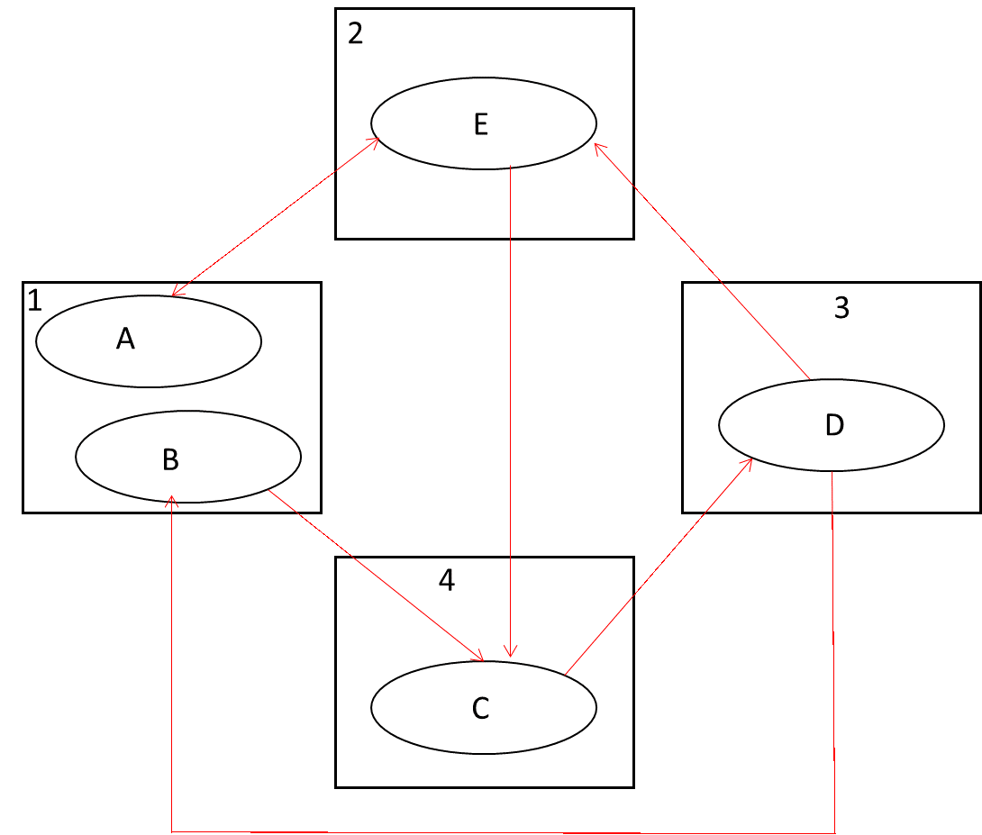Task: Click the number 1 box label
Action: (35, 301)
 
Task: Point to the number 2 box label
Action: (355, 33)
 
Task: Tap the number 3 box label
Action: (841, 308)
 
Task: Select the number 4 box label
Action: (447, 581)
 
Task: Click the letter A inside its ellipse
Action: (125, 339)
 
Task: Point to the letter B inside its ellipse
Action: (170, 460)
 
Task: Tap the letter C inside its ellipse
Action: (480, 709)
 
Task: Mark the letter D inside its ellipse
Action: (834, 426)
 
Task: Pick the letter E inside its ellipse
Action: (480, 124)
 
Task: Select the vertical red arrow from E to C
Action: (511, 405)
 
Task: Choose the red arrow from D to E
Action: (703, 261)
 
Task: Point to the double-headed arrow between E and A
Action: (275, 216)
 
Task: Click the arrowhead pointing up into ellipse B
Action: (171, 501)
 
